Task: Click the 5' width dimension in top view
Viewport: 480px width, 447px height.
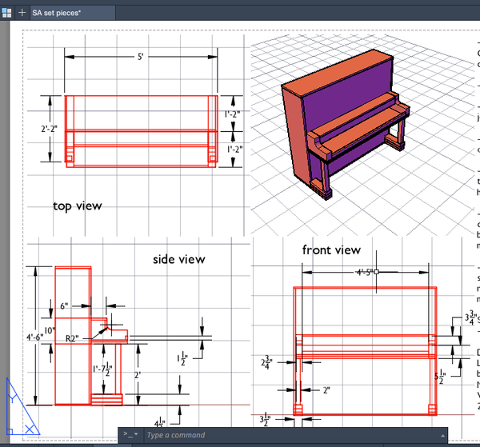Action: [x=140, y=58]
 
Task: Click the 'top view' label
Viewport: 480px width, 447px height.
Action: [x=78, y=206]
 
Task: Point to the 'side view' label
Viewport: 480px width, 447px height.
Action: [x=178, y=259]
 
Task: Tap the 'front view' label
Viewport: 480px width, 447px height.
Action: [x=331, y=250]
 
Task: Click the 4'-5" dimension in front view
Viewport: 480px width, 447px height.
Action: [x=366, y=272]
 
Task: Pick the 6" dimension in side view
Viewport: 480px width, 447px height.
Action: [x=64, y=306]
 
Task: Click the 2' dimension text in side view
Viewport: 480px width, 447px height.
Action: [x=137, y=373]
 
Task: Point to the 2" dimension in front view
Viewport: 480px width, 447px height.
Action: [x=326, y=390]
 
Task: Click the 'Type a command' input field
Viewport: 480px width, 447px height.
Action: [x=288, y=436]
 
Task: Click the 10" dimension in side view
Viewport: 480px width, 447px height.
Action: [x=50, y=330]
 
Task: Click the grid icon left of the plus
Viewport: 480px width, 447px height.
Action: [x=6, y=11]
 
